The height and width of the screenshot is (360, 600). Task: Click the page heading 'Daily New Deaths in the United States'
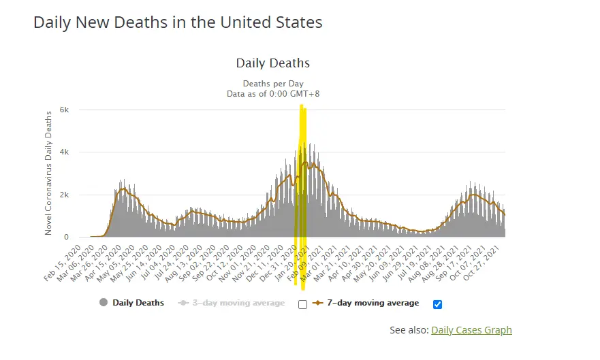[x=178, y=22]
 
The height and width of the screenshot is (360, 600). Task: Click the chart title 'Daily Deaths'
[x=272, y=63]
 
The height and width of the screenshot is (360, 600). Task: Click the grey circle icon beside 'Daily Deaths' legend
[x=104, y=303]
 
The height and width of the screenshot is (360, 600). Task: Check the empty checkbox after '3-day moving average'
[x=303, y=304]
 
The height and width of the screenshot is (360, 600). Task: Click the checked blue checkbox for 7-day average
[x=438, y=304]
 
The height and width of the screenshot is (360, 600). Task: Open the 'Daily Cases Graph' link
[x=471, y=330]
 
